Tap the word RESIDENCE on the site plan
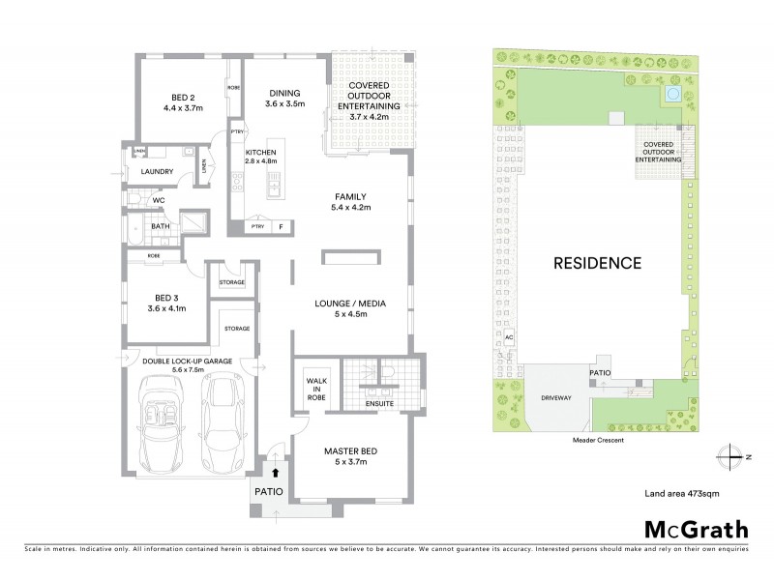point(597,262)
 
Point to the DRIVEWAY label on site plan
point(547,397)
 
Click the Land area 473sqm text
point(682,493)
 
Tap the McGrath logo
point(695,529)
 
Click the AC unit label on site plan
point(508,338)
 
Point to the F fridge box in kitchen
point(282,227)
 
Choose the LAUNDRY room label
point(157,172)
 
